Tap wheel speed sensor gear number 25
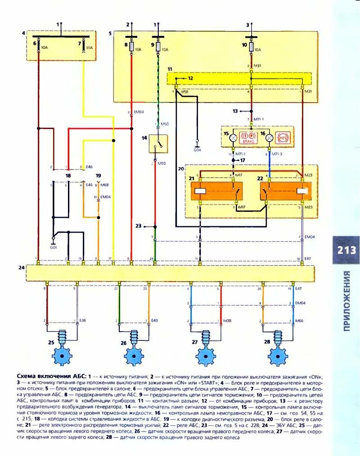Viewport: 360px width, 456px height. (62, 356)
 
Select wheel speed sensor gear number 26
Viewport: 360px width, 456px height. (133, 356)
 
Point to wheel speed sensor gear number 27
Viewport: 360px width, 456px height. (206, 356)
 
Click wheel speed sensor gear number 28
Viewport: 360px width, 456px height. (278, 356)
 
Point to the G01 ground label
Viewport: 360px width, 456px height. (53, 247)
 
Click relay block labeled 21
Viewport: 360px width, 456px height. (216, 191)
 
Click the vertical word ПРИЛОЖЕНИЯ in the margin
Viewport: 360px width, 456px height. (346, 301)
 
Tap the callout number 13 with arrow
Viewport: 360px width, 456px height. (234, 110)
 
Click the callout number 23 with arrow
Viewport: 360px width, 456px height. (138, 226)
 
